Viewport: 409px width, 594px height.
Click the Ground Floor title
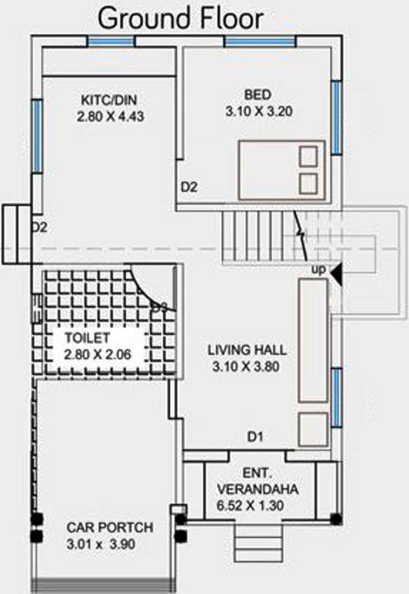[x=181, y=17]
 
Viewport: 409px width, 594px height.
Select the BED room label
[x=257, y=95]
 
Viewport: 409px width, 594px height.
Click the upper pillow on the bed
[x=308, y=157]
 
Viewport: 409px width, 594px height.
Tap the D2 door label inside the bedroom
[x=189, y=186]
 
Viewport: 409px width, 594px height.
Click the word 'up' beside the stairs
[x=318, y=269]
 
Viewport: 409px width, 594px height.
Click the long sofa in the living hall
[x=313, y=340]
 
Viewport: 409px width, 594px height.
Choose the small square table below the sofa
[x=313, y=429]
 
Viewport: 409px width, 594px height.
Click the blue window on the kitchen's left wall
[x=36, y=136]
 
